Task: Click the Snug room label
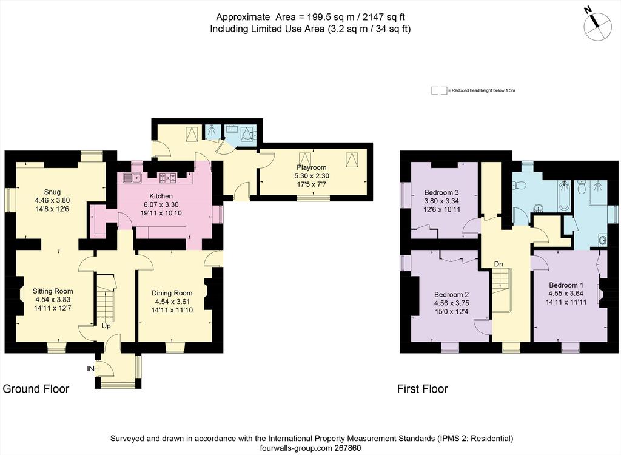tap(52, 192)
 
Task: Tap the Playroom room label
tap(312, 167)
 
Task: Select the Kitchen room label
tap(161, 196)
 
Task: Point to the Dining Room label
tap(172, 293)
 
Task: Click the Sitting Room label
tap(53, 291)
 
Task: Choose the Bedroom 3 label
tap(441, 193)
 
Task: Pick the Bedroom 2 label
tap(451, 294)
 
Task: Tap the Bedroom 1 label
tap(566, 285)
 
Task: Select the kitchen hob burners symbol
tap(168, 178)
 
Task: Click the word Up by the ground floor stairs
tap(106, 326)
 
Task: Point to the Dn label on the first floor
tap(498, 264)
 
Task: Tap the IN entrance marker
tap(91, 369)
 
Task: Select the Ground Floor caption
tap(36, 389)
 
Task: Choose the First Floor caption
tap(423, 389)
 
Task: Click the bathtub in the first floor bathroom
tap(563, 195)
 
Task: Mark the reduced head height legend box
tap(439, 91)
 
